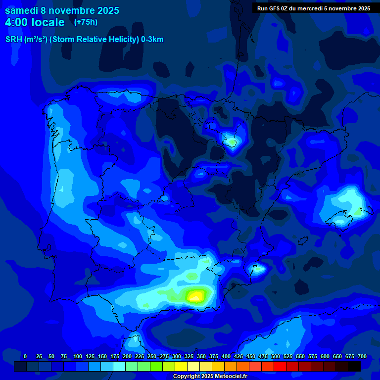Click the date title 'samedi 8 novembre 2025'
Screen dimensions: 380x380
coord(62,10)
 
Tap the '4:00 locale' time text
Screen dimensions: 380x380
coord(35,22)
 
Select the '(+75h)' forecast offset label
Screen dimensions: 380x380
coord(86,22)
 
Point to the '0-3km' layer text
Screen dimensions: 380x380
coord(152,40)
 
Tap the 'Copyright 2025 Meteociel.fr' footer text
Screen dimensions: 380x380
coord(210,376)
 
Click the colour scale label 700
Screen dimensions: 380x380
coord(362,356)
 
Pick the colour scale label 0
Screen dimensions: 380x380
coord(25,356)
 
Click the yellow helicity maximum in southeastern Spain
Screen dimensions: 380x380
coord(195,296)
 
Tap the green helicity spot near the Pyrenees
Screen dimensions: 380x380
coord(232,142)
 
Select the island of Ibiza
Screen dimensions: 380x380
coord(258,270)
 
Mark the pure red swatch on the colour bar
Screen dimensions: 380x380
coord(280,366)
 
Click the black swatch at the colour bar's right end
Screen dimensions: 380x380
coord(354,366)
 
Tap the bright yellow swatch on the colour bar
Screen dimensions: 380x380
coord(181,366)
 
